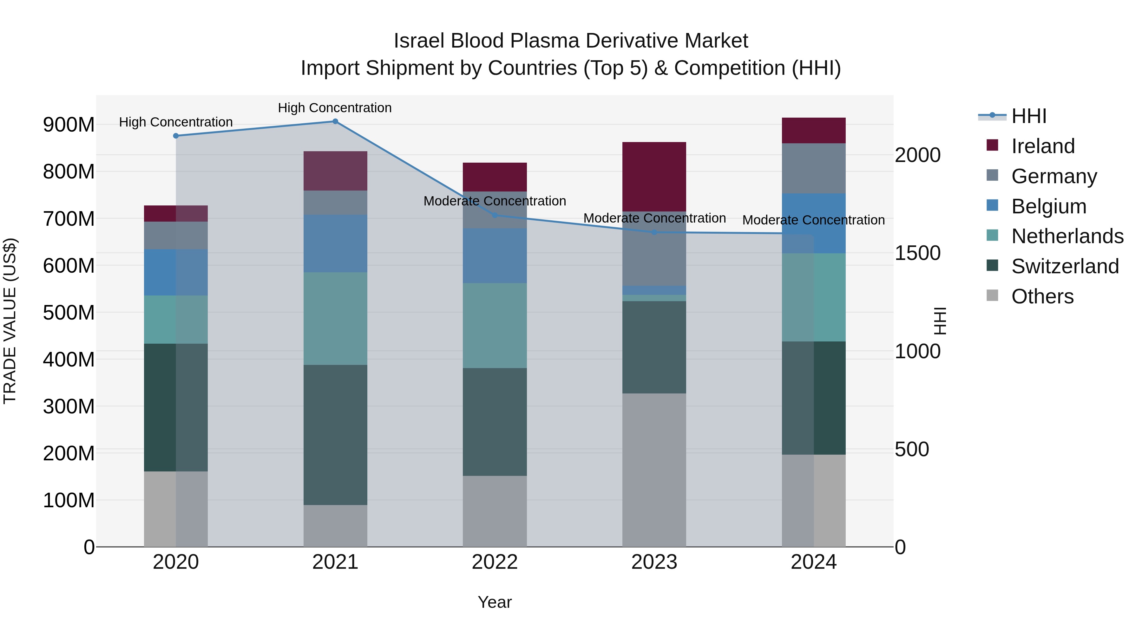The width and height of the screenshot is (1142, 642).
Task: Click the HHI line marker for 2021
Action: pyautogui.click(x=335, y=121)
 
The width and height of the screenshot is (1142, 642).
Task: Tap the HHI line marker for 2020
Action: pyautogui.click(x=176, y=136)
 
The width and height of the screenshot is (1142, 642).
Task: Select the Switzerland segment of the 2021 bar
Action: pyautogui.click(x=335, y=435)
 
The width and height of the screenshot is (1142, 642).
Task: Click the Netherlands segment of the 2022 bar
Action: pyautogui.click(x=495, y=325)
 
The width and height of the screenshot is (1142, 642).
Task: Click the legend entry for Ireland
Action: pyautogui.click(x=1043, y=146)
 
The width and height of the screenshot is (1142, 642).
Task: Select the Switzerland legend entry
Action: pyautogui.click(x=1065, y=266)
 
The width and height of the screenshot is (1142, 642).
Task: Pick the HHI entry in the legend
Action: pyautogui.click(x=1028, y=116)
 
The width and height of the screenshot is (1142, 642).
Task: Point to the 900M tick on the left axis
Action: pyautogui.click(x=69, y=125)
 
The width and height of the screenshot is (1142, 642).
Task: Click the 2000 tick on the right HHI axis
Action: pyautogui.click(x=917, y=155)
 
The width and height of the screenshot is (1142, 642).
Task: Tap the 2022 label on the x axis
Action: pyautogui.click(x=495, y=562)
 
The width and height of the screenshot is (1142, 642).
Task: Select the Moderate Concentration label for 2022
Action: pyautogui.click(x=495, y=201)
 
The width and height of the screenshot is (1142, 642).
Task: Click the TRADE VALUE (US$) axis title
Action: pyautogui.click(x=10, y=321)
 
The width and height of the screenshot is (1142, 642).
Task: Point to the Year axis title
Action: pyautogui.click(x=495, y=602)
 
